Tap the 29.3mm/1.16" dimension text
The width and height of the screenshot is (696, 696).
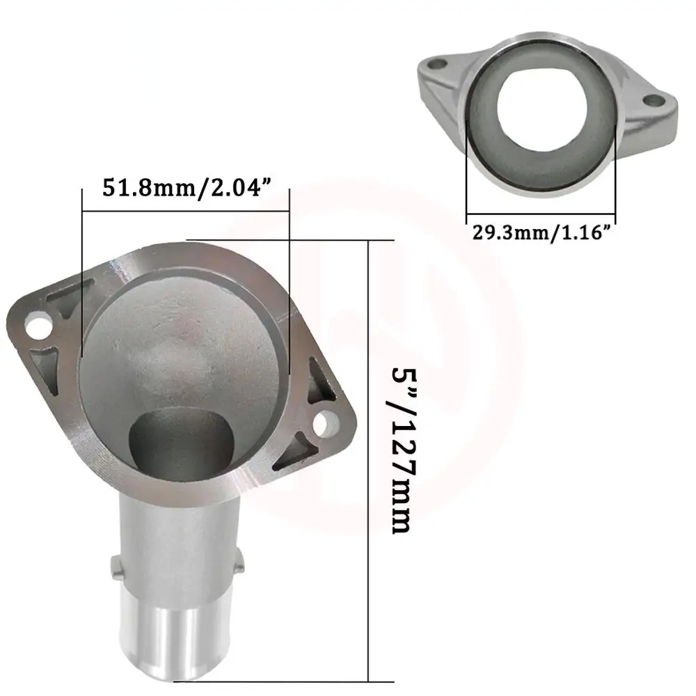pos(541,232)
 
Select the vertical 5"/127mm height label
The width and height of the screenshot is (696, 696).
pos(405,450)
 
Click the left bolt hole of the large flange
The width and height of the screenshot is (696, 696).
pos(38,325)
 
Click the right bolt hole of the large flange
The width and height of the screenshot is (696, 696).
pos(326,424)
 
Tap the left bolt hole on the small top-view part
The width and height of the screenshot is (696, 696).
pos(437,65)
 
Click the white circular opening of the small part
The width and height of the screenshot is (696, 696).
pos(542,109)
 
